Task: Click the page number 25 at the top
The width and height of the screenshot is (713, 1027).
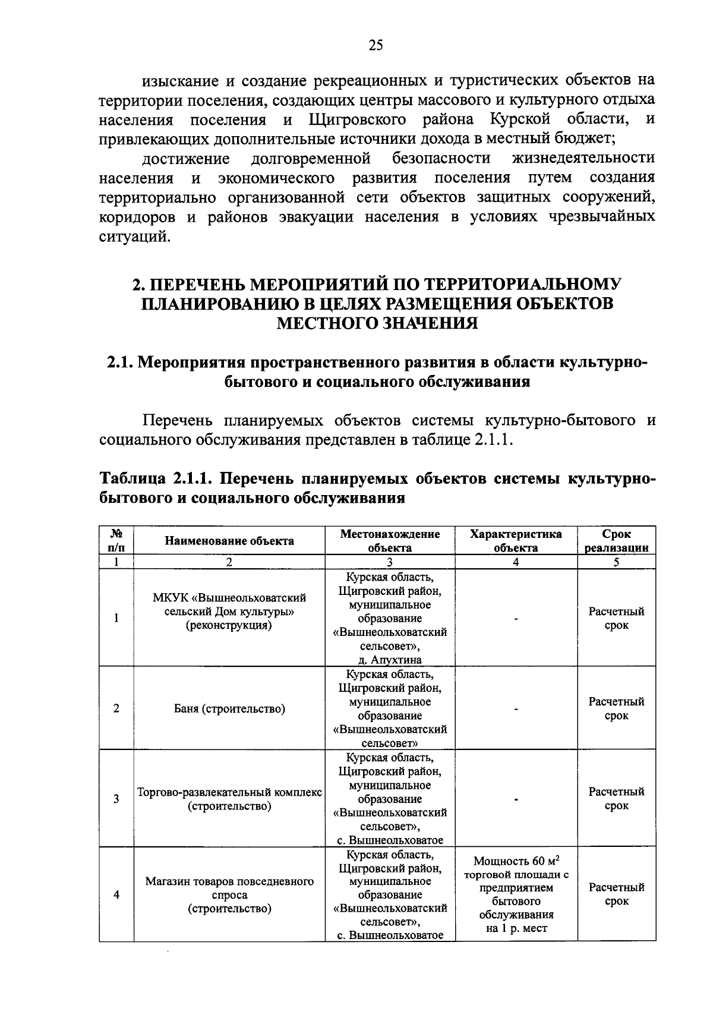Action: pyautogui.click(x=376, y=46)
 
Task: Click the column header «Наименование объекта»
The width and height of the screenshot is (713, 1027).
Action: pyautogui.click(x=229, y=541)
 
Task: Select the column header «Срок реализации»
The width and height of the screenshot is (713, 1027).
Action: pyautogui.click(x=616, y=541)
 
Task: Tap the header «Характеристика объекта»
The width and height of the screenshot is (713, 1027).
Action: pyautogui.click(x=516, y=541)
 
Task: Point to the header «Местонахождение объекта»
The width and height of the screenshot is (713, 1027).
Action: pyautogui.click(x=390, y=541)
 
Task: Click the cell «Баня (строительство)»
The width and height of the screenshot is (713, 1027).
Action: pyautogui.click(x=229, y=708)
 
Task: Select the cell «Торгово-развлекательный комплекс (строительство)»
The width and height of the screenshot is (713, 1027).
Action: pyautogui.click(x=229, y=799)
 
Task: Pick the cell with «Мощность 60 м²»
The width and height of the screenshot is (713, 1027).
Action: pyautogui.click(x=516, y=861)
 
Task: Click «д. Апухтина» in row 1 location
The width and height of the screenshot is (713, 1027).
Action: pyautogui.click(x=390, y=660)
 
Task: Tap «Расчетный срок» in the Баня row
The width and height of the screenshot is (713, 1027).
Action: pyautogui.click(x=616, y=708)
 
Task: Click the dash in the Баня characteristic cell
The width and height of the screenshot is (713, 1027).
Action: pyautogui.click(x=516, y=709)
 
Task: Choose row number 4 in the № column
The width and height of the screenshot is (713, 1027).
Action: pyautogui.click(x=116, y=894)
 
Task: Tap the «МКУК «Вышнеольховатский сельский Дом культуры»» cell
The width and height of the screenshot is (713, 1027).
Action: pyautogui.click(x=229, y=611)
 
